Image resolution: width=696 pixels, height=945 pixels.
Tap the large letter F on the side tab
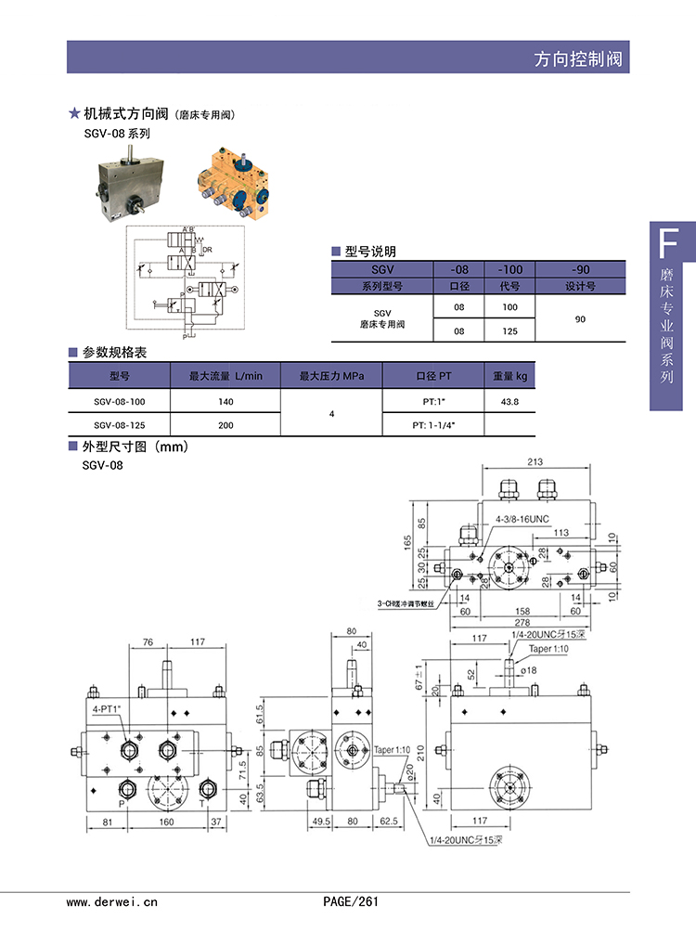[664, 244]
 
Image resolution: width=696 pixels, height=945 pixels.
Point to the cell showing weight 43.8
[509, 401]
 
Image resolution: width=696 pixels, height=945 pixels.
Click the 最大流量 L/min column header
[226, 376]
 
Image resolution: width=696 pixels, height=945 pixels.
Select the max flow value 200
[226, 425]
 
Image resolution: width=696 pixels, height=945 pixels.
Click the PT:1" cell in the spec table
[433, 401]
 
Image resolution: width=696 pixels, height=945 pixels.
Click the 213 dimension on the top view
[535, 460]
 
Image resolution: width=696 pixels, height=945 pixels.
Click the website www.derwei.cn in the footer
[112, 901]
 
